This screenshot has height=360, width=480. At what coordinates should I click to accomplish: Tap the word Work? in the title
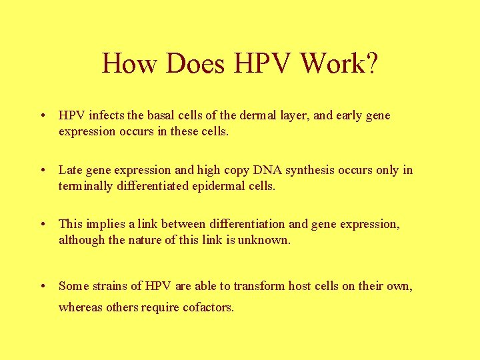click(x=339, y=64)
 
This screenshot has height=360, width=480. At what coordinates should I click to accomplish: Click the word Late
click(x=71, y=170)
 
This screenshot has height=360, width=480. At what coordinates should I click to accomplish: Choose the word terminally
click(x=87, y=187)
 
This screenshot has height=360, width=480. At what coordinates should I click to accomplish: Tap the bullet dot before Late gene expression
click(x=42, y=170)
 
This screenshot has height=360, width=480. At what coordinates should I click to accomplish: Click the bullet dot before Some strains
click(x=42, y=286)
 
